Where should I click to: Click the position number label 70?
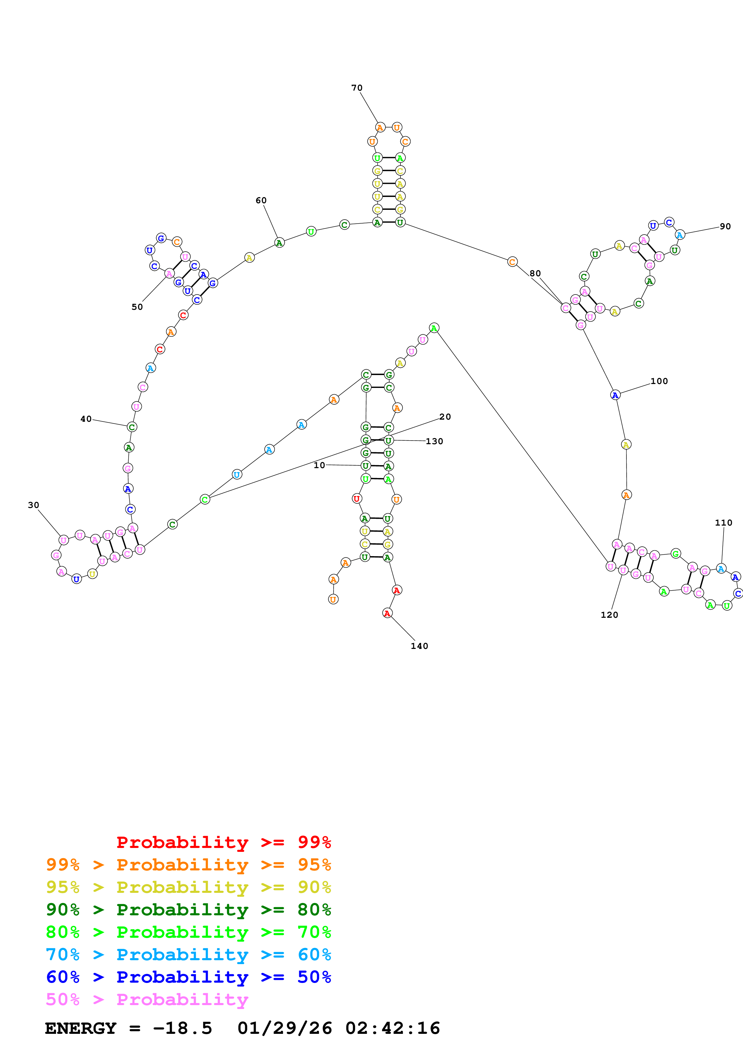(357, 88)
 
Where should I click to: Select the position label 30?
(34, 505)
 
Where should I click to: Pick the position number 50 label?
(137, 307)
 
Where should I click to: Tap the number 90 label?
(725, 226)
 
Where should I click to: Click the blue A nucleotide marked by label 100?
(615, 395)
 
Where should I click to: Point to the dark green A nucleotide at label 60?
(279, 242)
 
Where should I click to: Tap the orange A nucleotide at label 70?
(380, 128)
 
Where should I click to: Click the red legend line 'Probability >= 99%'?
(223, 842)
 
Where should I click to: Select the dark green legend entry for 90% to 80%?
(188, 910)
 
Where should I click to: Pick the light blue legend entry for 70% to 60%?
(188, 955)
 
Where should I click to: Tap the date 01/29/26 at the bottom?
(284, 1028)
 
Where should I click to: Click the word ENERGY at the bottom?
(81, 1028)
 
